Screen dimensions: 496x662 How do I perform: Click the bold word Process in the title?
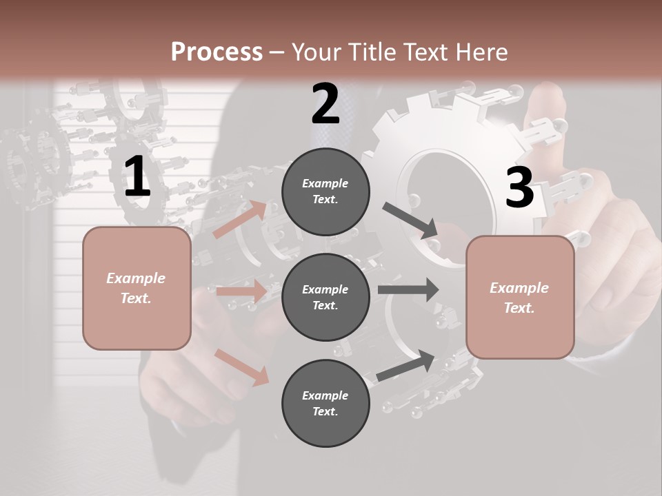pos(217,52)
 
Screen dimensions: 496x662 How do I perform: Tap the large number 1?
pos(137,177)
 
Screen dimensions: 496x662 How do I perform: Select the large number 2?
pos(325,105)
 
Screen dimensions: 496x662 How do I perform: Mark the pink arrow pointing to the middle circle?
pos(241,291)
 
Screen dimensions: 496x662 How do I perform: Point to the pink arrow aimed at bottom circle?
pos(242,366)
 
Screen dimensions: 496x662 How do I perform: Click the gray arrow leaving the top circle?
pos(410,220)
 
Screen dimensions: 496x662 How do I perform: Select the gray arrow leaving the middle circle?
pos(408,289)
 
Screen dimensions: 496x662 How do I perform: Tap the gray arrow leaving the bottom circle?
pos(406,366)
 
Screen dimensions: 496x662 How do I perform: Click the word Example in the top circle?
pos(325,183)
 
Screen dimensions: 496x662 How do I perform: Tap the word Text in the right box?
pos(518,308)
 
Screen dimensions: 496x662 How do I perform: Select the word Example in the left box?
pos(136,278)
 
